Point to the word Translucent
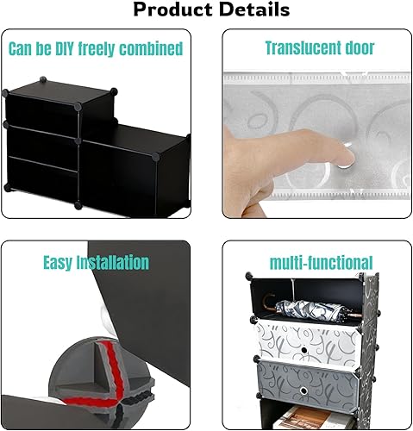301,48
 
